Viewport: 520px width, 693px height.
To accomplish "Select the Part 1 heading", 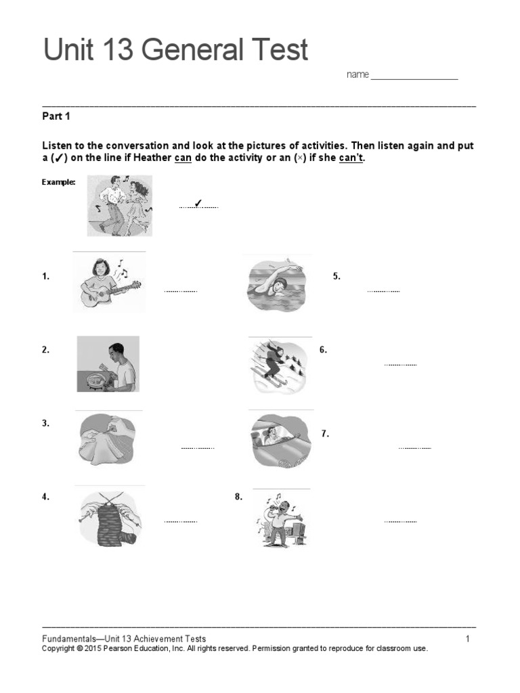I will pos(56,116).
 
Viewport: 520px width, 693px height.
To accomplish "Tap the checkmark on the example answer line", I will pos(198,204).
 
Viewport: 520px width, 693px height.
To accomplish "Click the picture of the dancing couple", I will pos(120,205).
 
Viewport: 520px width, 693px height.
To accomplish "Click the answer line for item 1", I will pos(180,291).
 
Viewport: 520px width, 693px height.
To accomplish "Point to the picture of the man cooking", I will pos(108,364).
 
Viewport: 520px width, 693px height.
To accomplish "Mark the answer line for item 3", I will pos(198,448).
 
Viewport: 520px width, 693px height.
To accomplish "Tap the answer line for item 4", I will pos(180,522).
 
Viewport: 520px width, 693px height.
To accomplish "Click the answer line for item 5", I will pos(383,291).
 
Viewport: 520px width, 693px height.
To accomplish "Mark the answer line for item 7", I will pos(414,448).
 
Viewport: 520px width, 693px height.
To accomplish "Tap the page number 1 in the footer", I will pos(467,639).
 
